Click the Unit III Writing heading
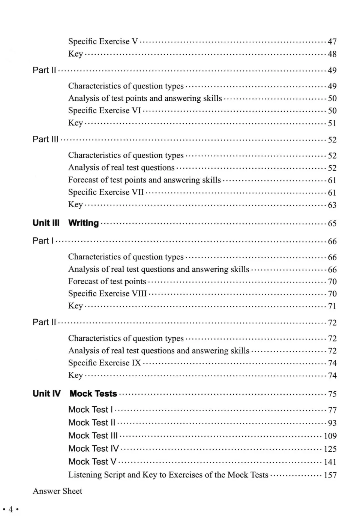click(x=66, y=223)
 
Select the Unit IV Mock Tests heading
click(x=75, y=394)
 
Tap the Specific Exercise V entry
click(x=103, y=41)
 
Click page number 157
click(x=330, y=475)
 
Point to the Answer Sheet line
click(x=57, y=491)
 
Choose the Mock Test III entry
click(x=93, y=436)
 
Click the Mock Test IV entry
click(x=93, y=449)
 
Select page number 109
click(x=330, y=436)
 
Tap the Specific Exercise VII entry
click(x=106, y=192)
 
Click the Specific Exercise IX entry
click(x=105, y=363)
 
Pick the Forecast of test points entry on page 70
click(x=107, y=281)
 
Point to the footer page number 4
click(x=11, y=509)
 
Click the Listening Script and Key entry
click(x=168, y=475)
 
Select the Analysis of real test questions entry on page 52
click(x=121, y=168)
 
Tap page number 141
click(x=330, y=462)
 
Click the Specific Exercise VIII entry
click(x=108, y=293)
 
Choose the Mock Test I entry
click(x=90, y=410)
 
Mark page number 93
click(x=332, y=423)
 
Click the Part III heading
click(x=45, y=139)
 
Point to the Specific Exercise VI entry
click(x=105, y=111)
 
